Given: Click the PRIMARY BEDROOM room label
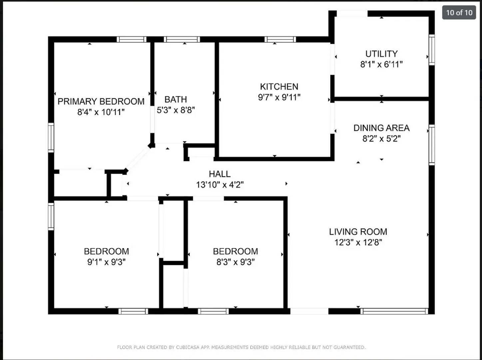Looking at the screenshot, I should click(101, 101).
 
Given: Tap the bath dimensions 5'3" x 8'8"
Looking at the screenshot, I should click(176, 110).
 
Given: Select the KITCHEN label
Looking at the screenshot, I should click(279, 87).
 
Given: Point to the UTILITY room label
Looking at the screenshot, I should click(381, 54).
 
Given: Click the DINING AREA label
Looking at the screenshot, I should click(381, 128).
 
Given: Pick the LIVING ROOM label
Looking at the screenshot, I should click(358, 232).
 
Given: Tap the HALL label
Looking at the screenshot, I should click(220, 174).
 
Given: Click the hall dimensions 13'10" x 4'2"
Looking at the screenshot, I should click(220, 185).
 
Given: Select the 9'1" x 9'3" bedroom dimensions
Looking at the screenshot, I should click(106, 262).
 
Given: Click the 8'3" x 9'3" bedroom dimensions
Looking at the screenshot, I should click(236, 262).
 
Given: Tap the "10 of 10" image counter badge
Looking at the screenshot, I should click(459, 13).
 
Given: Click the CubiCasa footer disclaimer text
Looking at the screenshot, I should click(241, 347).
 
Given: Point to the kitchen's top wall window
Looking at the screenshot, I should click(280, 39).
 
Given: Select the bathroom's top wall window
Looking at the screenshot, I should click(182, 39).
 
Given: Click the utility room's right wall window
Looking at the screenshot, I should click(432, 50).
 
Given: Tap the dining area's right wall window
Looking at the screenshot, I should click(432, 145).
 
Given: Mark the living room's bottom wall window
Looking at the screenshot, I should click(394, 311).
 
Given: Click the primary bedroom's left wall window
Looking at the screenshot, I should click(51, 137).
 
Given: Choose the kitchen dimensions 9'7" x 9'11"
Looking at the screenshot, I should click(279, 97).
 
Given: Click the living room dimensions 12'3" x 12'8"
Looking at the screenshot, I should click(358, 242).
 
